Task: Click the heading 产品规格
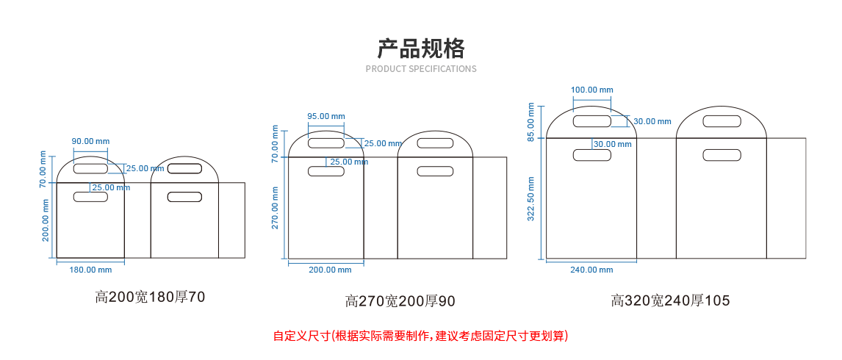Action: (421, 48)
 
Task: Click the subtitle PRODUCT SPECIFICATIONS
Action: (421, 69)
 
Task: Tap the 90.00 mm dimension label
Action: (90, 141)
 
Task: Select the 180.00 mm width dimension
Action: (90, 270)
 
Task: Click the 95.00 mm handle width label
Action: (326, 116)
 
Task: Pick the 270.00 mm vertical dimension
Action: (276, 207)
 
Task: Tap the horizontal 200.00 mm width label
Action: (330, 270)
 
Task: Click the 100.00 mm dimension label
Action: (591, 90)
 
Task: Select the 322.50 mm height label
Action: (531, 198)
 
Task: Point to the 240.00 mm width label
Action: (591, 270)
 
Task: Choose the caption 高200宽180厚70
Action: (150, 298)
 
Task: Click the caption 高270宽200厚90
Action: (400, 301)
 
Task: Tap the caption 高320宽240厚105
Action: (671, 300)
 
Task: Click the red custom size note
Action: (421, 336)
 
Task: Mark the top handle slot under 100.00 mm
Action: (591, 121)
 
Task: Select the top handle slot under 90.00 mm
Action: (90, 169)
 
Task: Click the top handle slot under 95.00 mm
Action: (325, 143)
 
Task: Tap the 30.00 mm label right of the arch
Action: (652, 121)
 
